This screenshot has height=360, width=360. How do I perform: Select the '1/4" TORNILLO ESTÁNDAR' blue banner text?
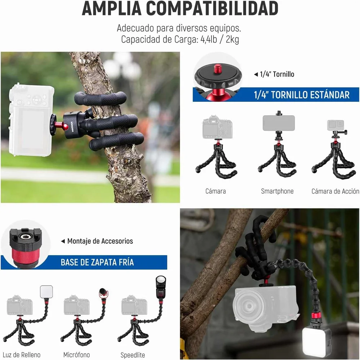(302, 95)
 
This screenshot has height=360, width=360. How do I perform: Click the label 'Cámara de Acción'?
(335, 192)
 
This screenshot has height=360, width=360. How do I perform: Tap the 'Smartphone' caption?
(277, 192)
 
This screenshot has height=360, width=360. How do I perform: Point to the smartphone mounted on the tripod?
(279, 123)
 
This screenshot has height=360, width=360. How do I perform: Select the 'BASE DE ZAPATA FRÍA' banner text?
(97, 262)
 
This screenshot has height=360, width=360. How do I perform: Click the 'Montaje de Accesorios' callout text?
(100, 241)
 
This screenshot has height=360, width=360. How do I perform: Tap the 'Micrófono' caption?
(77, 355)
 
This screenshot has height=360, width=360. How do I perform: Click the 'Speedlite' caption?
(133, 355)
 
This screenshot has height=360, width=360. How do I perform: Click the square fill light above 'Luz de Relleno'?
(46, 291)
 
